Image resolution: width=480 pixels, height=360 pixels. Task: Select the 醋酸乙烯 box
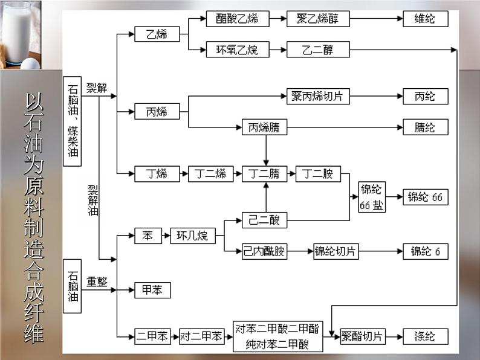(236, 19)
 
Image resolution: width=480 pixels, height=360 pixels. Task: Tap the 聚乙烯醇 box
(318, 19)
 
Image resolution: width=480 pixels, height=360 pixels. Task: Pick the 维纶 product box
(426, 19)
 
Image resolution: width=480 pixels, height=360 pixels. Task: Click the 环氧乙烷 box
(236, 50)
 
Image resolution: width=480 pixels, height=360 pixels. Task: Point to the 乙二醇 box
(318, 50)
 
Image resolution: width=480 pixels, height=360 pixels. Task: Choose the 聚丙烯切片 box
(318, 96)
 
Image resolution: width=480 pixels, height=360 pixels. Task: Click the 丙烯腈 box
(264, 127)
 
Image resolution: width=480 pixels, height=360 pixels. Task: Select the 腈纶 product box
(426, 127)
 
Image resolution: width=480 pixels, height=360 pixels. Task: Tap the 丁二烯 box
(210, 174)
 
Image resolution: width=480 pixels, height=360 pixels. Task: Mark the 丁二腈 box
(264, 174)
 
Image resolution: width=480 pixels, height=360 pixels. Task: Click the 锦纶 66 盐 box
(371, 197)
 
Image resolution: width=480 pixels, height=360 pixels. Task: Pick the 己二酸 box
(264, 220)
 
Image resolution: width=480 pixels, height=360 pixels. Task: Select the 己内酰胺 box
(264, 251)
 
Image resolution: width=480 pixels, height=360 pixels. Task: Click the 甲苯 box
(152, 290)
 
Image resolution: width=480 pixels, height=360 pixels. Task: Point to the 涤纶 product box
(426, 336)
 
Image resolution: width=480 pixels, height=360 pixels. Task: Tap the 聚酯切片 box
(362, 336)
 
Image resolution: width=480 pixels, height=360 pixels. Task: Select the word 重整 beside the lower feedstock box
(97, 281)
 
